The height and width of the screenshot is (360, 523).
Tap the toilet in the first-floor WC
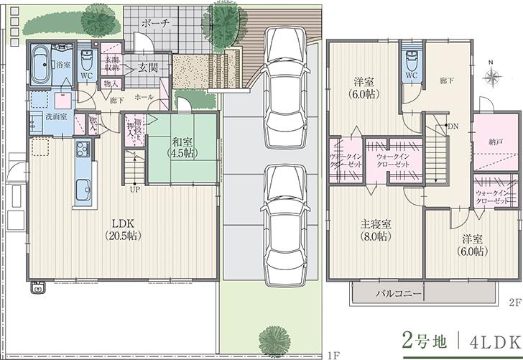tap(86, 57)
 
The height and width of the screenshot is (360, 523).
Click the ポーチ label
tap(155, 24)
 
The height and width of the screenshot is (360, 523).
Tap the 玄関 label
tap(148, 68)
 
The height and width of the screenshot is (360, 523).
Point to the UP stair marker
tap(134, 190)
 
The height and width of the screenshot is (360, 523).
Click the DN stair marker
tap(453, 126)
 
